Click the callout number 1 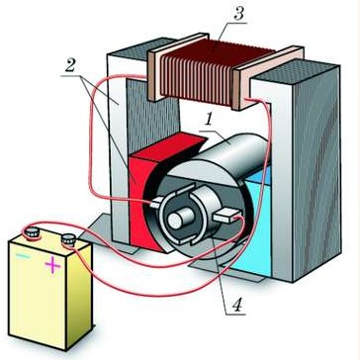click(208, 121)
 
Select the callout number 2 click(70, 66)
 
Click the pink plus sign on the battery click(52, 265)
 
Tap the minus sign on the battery click(23, 256)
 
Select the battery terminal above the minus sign click(32, 233)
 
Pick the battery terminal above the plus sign click(69, 239)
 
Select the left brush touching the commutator click(156, 203)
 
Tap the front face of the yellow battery click(37, 294)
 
